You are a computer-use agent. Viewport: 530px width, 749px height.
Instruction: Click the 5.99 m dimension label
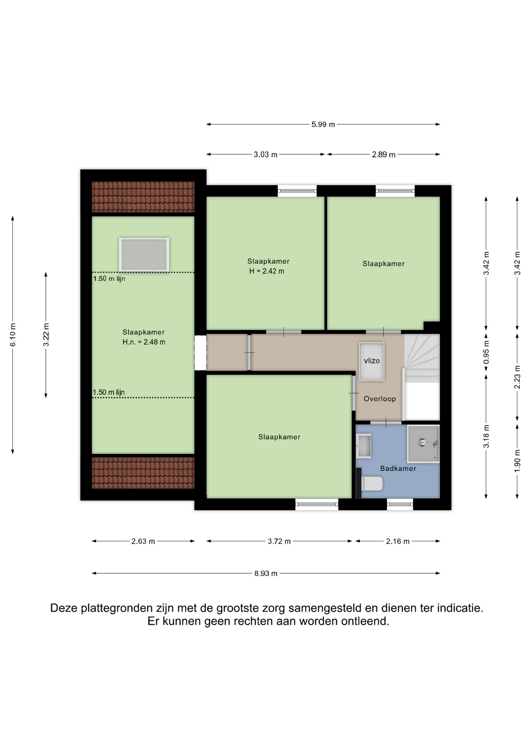pos(323,124)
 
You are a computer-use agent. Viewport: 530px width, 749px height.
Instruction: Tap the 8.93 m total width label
pos(266,573)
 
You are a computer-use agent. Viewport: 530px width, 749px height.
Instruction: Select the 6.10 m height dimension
pos(13,335)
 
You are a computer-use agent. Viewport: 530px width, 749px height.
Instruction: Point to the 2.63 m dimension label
pos(143,541)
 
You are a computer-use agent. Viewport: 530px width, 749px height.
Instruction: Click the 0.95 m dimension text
pos(486,352)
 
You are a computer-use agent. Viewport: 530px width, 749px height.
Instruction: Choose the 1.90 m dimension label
pos(518,461)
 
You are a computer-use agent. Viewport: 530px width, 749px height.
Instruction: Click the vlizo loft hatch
pos(372,361)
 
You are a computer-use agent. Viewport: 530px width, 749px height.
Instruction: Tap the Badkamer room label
pos(398,469)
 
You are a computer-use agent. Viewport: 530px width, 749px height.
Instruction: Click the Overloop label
pos(380,399)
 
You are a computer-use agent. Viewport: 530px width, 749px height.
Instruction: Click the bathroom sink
pos(364,445)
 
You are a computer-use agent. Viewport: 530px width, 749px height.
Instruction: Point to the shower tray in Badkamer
pos(423,444)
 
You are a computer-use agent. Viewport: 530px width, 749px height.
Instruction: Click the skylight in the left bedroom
pos(144,255)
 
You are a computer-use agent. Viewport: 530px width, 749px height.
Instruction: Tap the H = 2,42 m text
pos(267,271)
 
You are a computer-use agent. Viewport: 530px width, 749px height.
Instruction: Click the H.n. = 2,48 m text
pos(144,342)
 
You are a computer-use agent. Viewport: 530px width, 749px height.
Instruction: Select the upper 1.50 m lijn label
pos(109,279)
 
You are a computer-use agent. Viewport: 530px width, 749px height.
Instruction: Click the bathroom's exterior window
pos(400,504)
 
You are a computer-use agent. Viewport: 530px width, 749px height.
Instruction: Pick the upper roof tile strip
pos(143,197)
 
